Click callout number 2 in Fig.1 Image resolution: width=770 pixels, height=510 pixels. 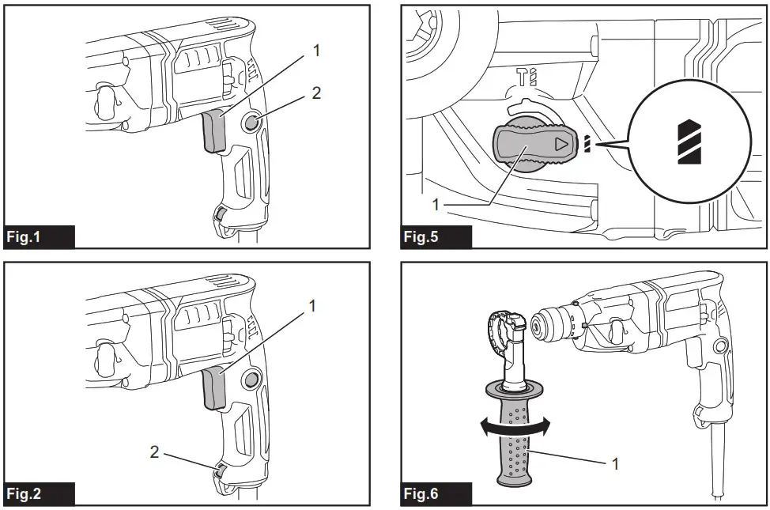tap(316, 93)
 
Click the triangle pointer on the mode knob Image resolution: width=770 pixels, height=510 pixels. tap(561, 145)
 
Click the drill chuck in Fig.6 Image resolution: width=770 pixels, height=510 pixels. tap(547, 325)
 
